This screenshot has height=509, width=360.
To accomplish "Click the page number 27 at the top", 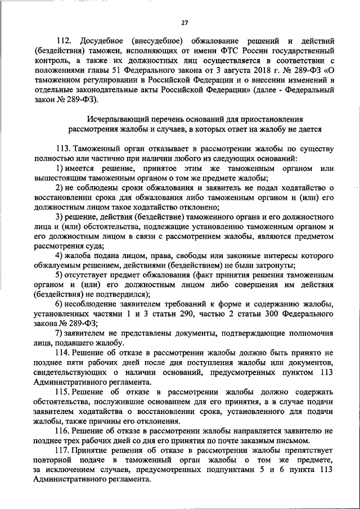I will coord(184,22).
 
